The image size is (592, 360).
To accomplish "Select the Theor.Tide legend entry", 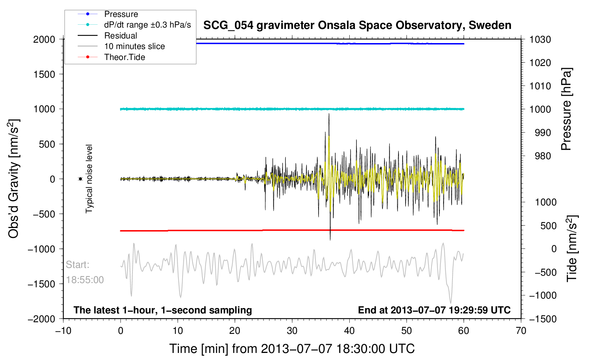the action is [x=111, y=57].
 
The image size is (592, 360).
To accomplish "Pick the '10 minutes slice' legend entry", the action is [x=121, y=46].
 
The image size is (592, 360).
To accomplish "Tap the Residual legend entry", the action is [x=107, y=35].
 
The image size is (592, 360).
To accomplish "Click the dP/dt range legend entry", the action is [x=134, y=25].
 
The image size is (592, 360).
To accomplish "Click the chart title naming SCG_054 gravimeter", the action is [x=357, y=25].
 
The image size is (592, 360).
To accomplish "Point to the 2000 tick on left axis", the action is [x=44, y=40].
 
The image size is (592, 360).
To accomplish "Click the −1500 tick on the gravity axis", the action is [x=41, y=284].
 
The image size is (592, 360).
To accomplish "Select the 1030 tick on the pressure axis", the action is [x=540, y=40].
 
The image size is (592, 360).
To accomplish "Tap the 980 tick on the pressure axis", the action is [x=543, y=156].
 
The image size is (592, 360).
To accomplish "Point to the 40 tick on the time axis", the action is [x=349, y=330].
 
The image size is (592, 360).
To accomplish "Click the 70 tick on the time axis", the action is [x=521, y=330].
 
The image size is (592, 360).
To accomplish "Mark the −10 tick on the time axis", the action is [x=64, y=330].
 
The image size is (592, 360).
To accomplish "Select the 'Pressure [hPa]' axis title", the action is [x=566, y=109].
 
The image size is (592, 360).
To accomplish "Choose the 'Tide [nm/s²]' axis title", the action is [x=572, y=248].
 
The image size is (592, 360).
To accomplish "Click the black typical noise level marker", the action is [x=80, y=179].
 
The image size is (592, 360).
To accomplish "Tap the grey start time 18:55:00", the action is [x=85, y=280].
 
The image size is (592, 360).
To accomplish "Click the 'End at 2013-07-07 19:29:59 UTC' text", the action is [x=434, y=310].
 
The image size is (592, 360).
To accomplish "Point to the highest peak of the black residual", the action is [x=329, y=114].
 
